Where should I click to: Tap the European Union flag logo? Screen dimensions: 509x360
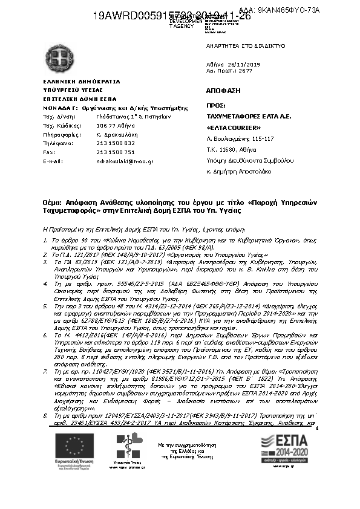click(73, 448)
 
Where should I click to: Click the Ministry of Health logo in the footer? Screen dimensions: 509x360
click(127, 447)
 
